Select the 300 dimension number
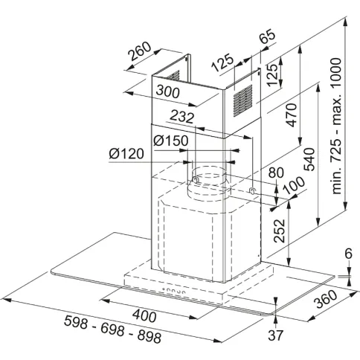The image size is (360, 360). [167, 91]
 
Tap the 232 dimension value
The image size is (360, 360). [182, 117]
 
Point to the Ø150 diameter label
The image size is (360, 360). [170, 141]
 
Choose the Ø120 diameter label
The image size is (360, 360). [126, 154]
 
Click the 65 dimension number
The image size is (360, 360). [268, 36]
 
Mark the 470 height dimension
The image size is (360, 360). [292, 115]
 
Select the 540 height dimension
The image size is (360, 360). [309, 159]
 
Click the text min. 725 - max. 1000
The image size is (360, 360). [336, 126]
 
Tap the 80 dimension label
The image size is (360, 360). [276, 173]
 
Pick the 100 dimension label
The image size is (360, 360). [294, 185]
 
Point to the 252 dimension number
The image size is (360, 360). [280, 231]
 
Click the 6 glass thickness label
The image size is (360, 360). [348, 254]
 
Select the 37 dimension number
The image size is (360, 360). [275, 335]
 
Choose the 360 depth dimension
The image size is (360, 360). [326, 299]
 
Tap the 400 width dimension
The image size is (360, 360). [144, 316]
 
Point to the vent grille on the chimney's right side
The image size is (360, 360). [242, 101]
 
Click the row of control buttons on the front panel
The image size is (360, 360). [173, 290]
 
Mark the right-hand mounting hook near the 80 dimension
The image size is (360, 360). [252, 190]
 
